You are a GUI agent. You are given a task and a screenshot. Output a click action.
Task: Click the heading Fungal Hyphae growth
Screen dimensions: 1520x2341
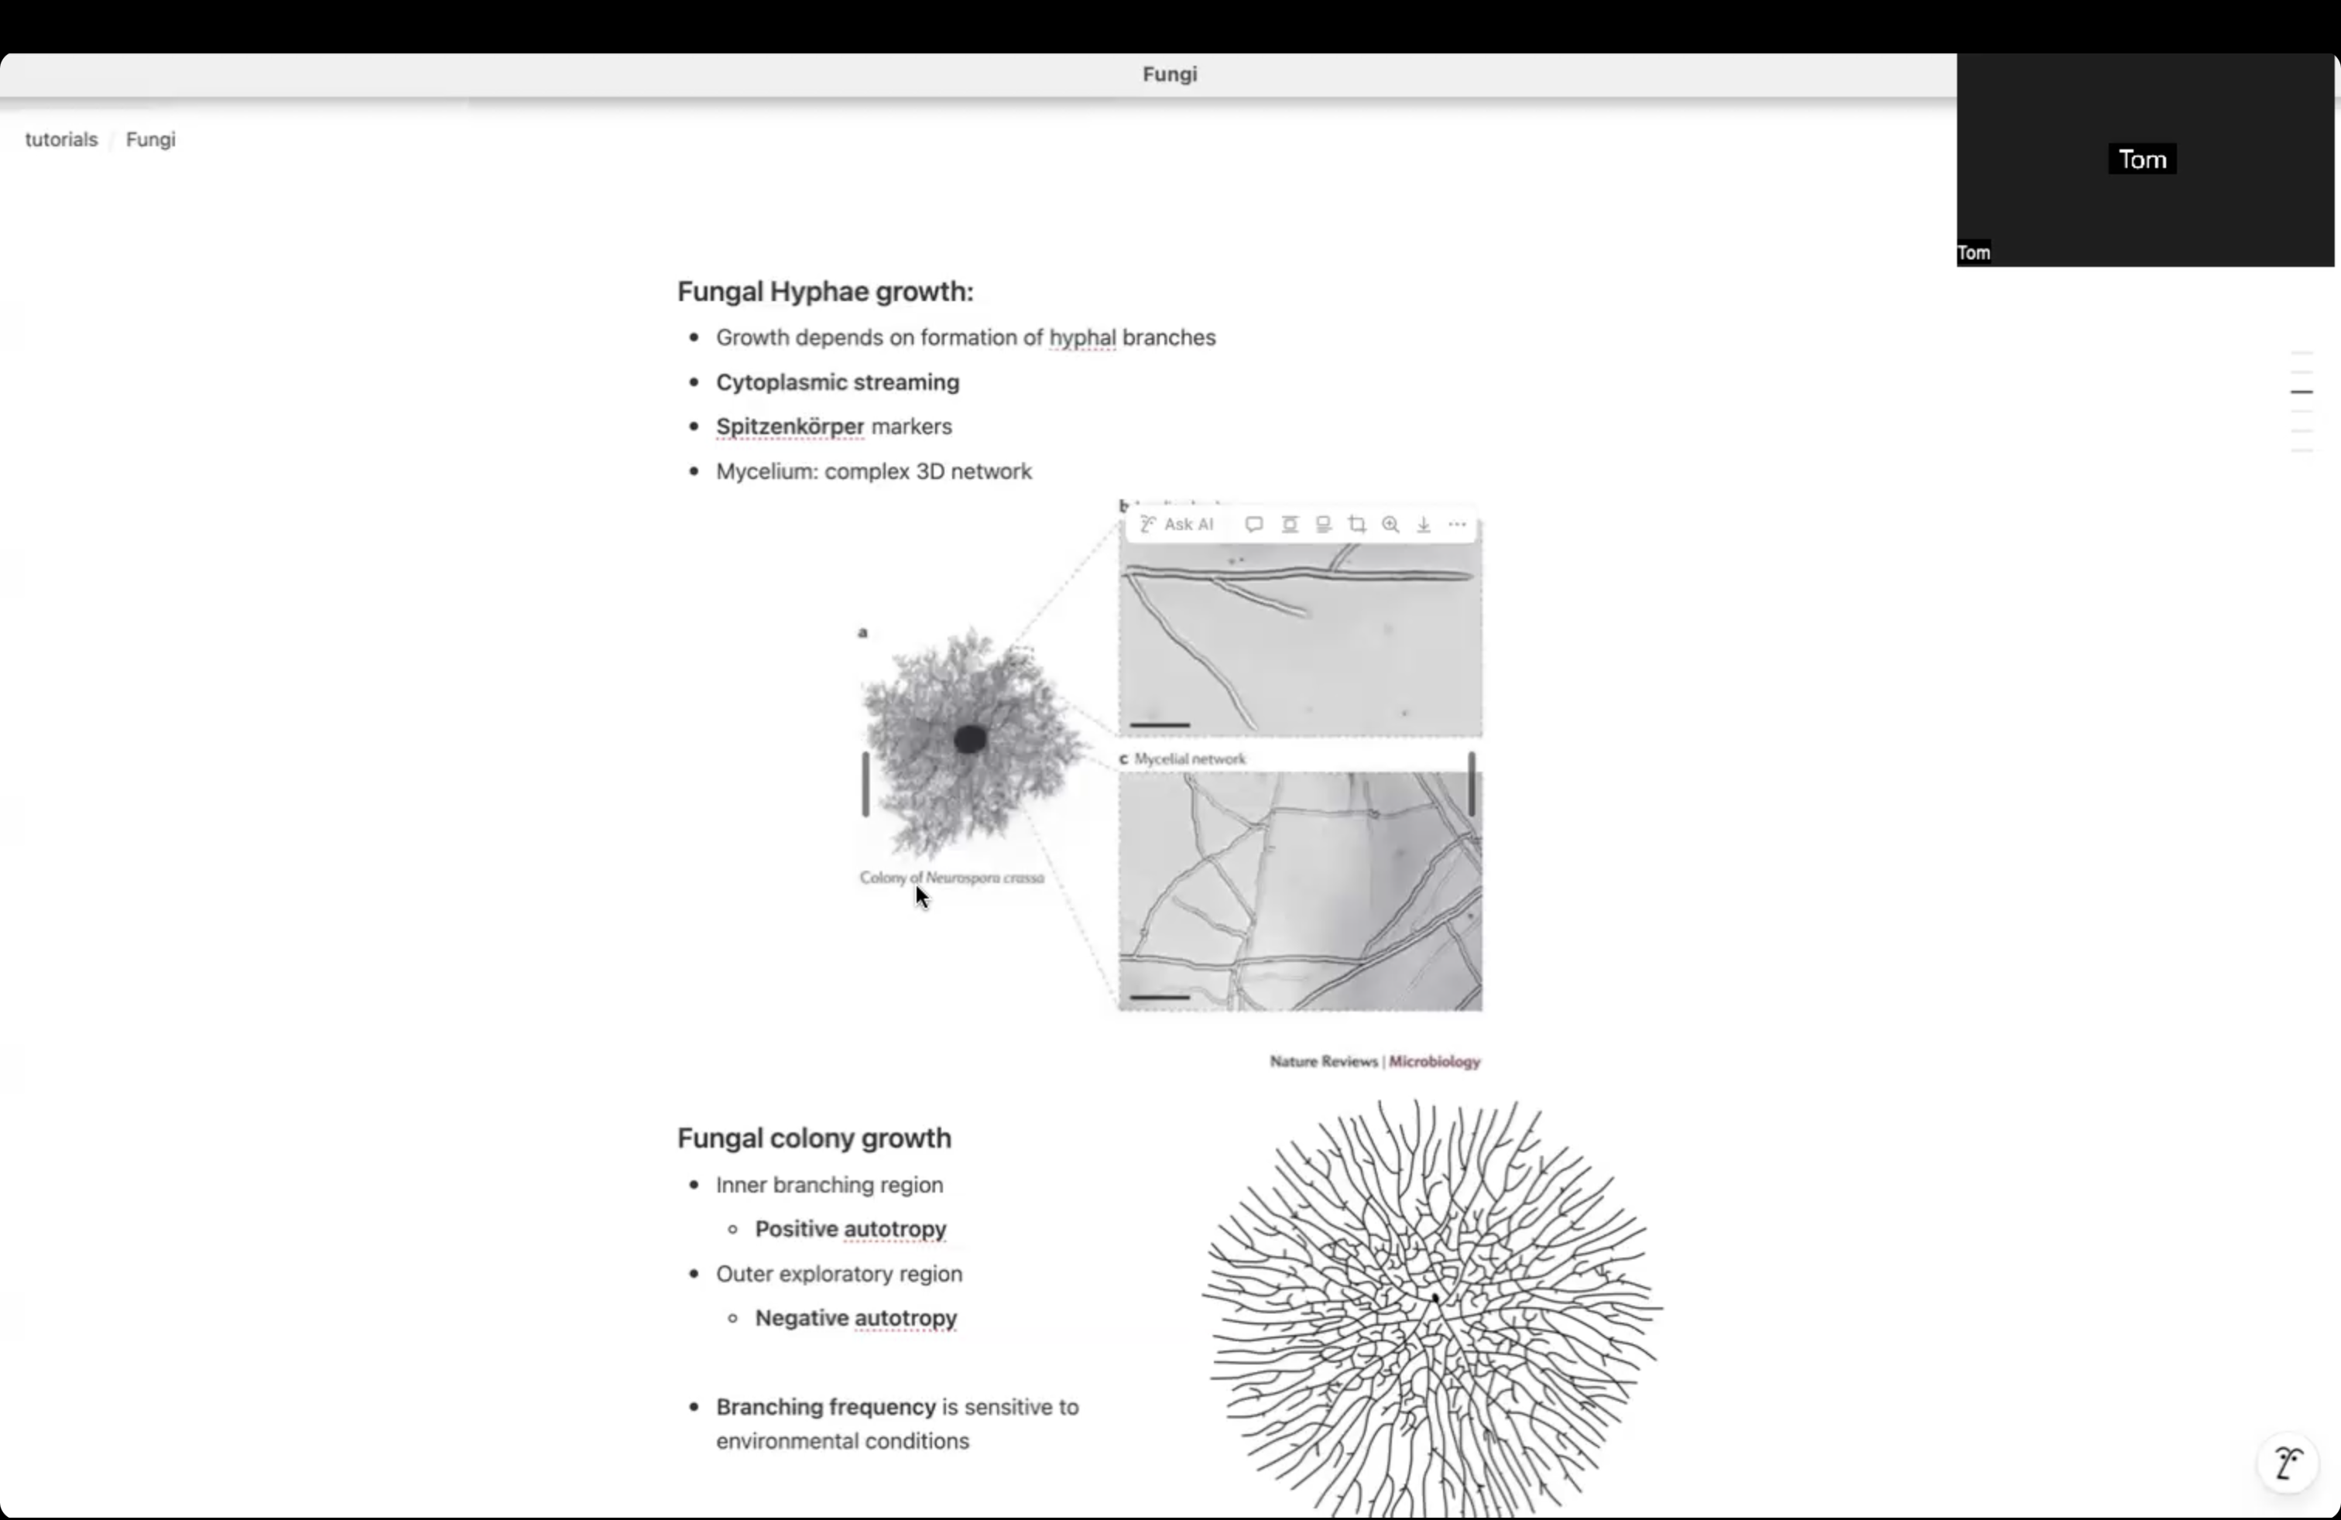click(824, 291)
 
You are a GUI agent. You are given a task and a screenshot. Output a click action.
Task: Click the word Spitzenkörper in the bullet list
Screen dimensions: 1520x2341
click(790, 426)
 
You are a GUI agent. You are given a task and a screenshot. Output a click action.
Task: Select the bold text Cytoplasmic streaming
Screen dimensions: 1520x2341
click(837, 382)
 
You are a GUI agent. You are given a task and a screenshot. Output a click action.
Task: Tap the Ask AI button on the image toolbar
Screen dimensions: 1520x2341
click(1177, 525)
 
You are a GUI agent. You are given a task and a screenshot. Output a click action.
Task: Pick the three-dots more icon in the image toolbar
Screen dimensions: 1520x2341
click(1457, 525)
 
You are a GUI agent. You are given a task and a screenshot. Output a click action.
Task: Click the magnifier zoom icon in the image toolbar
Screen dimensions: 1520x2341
click(1390, 525)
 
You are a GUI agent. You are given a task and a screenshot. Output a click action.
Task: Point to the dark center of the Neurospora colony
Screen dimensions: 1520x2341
click(970, 739)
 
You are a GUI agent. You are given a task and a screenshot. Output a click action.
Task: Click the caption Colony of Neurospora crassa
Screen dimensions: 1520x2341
click(951, 878)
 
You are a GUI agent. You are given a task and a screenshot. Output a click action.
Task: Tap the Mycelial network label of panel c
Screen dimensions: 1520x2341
click(1189, 759)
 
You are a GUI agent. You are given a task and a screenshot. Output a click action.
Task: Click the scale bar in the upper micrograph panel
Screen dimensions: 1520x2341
click(1160, 724)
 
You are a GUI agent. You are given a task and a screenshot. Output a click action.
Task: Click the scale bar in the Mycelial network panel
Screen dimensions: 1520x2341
click(1160, 997)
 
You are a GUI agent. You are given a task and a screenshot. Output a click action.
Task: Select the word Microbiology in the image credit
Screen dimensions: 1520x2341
click(1434, 1062)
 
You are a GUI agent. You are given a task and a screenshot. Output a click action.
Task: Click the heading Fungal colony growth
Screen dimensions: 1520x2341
click(814, 1138)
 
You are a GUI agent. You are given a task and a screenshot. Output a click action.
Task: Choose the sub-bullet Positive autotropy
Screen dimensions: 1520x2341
click(850, 1229)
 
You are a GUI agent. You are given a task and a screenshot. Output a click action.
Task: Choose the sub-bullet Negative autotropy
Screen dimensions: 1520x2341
click(855, 1319)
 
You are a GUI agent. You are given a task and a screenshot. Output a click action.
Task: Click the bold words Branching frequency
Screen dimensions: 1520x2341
click(825, 1407)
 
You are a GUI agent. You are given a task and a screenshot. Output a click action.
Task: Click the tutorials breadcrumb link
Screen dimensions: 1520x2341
click(61, 139)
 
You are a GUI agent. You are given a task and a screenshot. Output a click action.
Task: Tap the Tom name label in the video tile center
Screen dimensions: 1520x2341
click(2141, 159)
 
